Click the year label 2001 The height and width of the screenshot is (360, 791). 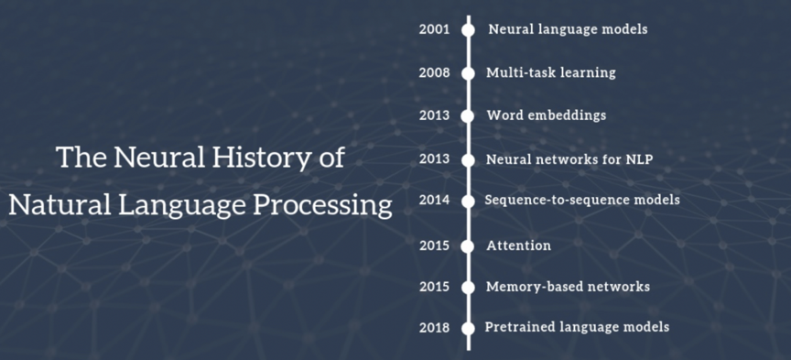pyautogui.click(x=434, y=29)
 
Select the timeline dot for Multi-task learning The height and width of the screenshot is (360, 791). pyautogui.click(x=468, y=73)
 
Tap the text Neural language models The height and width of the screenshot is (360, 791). pyautogui.click(x=568, y=29)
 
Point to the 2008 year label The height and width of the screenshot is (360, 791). pyautogui.click(x=434, y=72)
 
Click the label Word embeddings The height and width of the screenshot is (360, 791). pyautogui.click(x=547, y=115)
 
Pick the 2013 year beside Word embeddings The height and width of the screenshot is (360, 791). pyautogui.click(x=434, y=115)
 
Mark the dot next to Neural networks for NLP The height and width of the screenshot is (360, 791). pyautogui.click(x=468, y=160)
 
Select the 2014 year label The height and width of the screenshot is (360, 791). pyautogui.click(x=434, y=201)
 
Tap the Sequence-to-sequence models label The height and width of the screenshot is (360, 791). pyautogui.click(x=582, y=200)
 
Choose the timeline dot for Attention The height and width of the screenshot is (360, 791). pyautogui.click(x=468, y=246)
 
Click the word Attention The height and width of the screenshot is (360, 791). pyautogui.click(x=518, y=245)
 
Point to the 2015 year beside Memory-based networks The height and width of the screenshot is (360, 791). pyautogui.click(x=434, y=287)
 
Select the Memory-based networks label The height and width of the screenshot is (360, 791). pyautogui.click(x=568, y=287)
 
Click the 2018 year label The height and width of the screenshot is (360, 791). pyautogui.click(x=434, y=328)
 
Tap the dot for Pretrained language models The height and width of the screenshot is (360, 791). pyautogui.click(x=468, y=328)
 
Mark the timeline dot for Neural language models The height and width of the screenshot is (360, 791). pyautogui.click(x=468, y=30)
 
